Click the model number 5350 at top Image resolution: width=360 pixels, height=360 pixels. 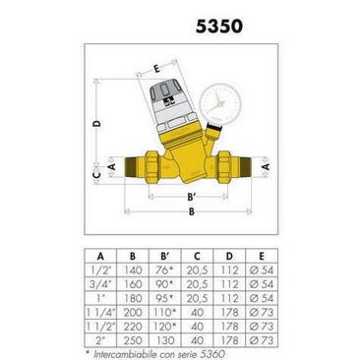click(x=219, y=27)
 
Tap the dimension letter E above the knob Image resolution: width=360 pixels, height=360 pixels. click(x=156, y=69)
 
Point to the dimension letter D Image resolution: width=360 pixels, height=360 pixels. click(x=96, y=123)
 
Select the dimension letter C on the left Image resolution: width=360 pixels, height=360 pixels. click(x=96, y=175)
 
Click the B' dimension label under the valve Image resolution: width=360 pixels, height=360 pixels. click(x=192, y=197)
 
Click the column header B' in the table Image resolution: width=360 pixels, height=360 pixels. click(x=165, y=256)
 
